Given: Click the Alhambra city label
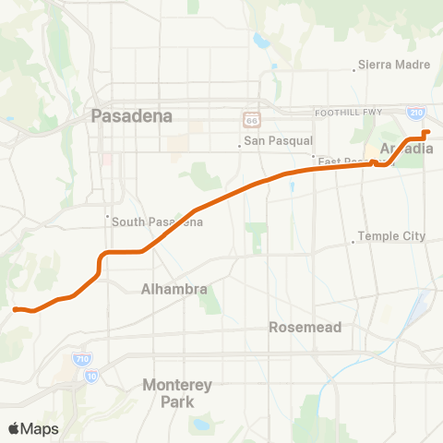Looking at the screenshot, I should pos(174,289).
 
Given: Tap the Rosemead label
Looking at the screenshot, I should pos(305,327).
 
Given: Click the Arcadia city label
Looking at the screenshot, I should pos(406,148).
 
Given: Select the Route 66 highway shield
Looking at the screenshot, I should pos(251,120).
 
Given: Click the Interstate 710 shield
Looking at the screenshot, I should pos(81,358).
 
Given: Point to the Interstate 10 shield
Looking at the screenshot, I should pos(90,376).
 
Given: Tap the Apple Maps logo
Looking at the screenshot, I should pos(32,428).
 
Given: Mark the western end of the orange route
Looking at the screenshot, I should pos(15,308).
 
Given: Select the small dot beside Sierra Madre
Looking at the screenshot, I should pos(356,69).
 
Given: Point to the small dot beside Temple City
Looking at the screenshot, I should pos(353,243).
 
